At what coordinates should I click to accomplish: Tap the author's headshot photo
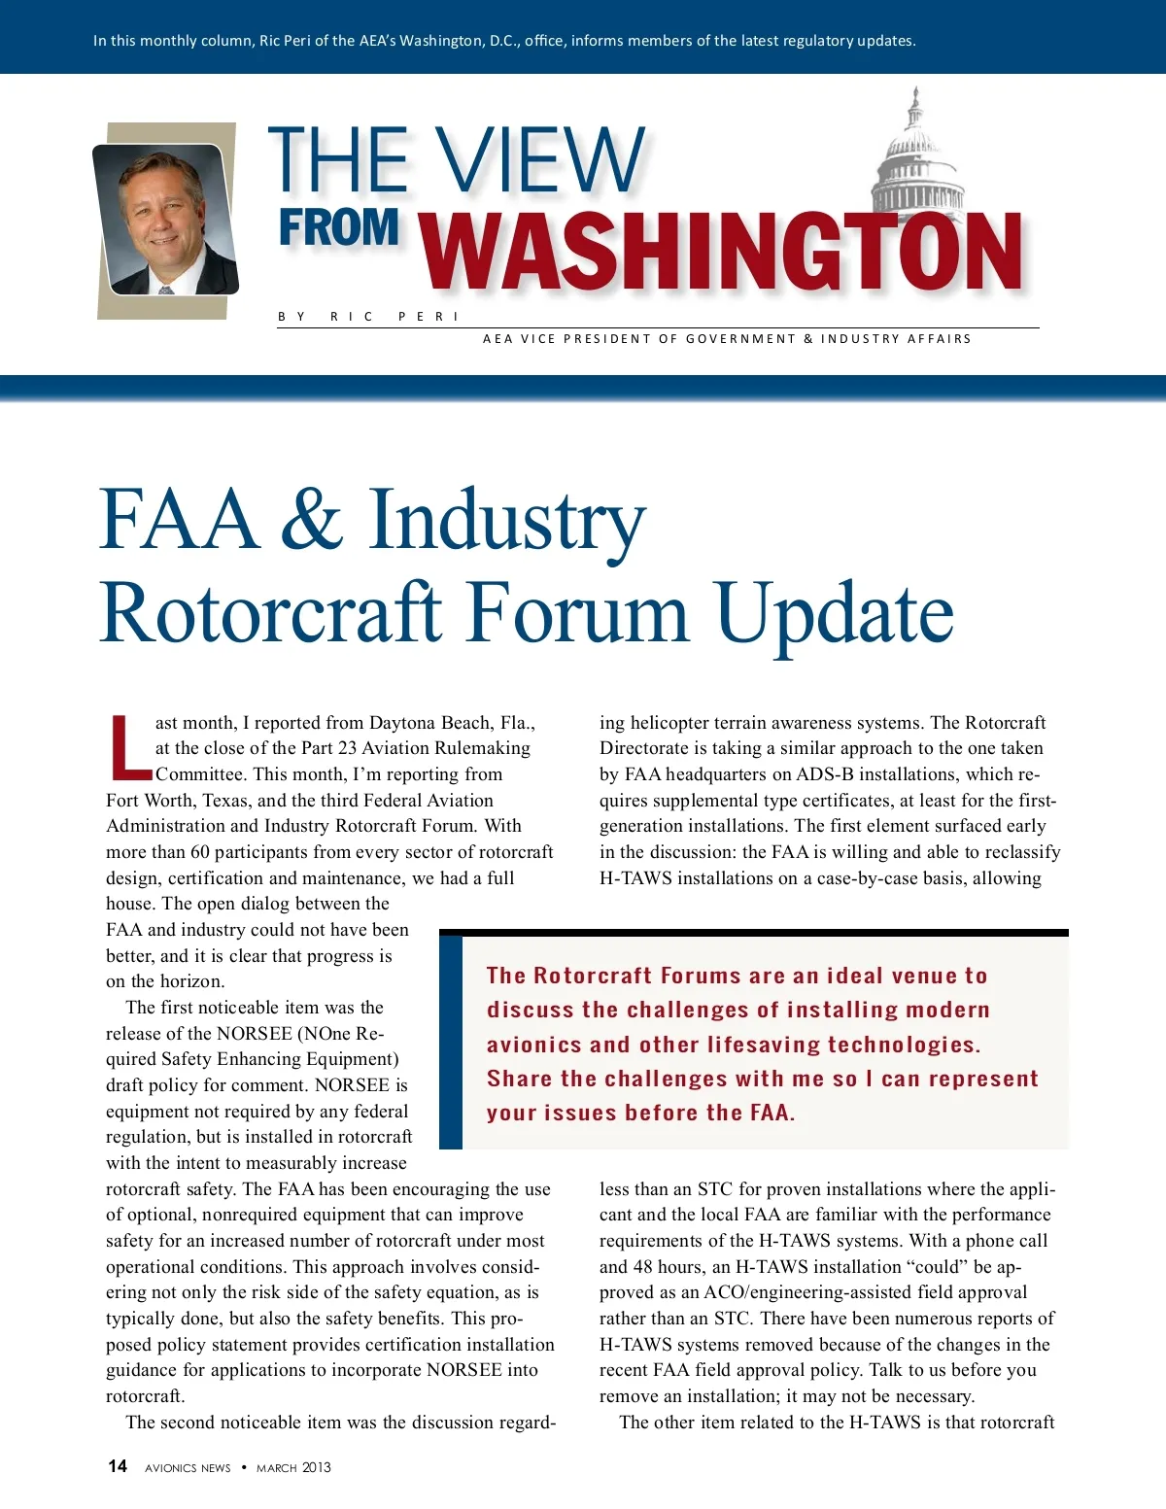(165, 220)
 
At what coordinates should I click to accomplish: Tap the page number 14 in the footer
(117, 1466)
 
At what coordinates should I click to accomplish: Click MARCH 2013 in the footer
(293, 1467)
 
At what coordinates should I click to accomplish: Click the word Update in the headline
(835, 614)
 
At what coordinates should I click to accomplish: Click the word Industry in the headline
(506, 522)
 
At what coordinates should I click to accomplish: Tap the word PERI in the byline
(428, 317)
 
